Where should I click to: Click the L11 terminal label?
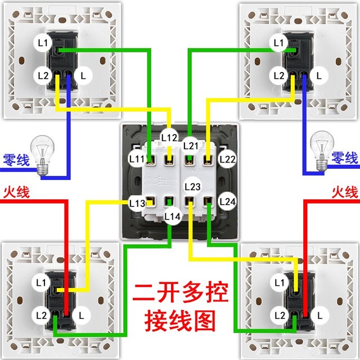[x=137, y=159]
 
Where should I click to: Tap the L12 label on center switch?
[x=169, y=137]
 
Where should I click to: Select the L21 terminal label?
[x=191, y=146]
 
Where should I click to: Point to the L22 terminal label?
[x=227, y=159]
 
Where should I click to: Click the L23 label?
[x=192, y=186]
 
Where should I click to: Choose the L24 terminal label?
[x=227, y=201]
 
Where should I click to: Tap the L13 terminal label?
[x=137, y=203]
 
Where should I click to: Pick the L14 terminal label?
[x=173, y=216]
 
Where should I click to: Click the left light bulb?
[x=43, y=155]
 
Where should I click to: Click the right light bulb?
[x=322, y=151]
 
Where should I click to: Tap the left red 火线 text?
[x=16, y=192]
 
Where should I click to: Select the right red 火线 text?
[x=345, y=192]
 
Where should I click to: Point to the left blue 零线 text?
[x=16, y=160]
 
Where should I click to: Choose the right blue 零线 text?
[x=345, y=157]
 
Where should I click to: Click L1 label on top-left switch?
[x=43, y=43]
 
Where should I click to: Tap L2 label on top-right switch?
[x=279, y=75]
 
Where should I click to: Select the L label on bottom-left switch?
[x=81, y=316]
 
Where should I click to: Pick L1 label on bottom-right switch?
[x=280, y=282]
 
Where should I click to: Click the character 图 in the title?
[x=204, y=321]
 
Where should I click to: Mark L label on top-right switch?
[x=319, y=75]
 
